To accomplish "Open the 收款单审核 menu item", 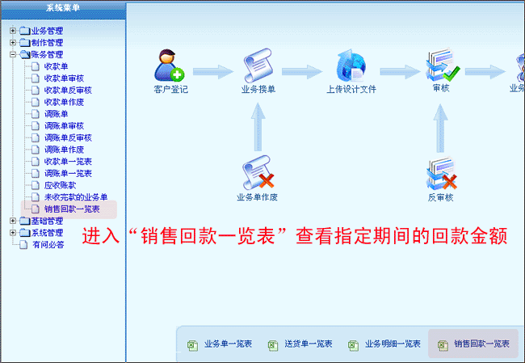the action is pyautogui.click(x=64, y=78).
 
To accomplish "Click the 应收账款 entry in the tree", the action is pyautogui.click(x=61, y=185).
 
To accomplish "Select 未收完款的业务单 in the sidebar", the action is pyautogui.click(x=76, y=197).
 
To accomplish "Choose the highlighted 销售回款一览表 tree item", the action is pyautogui.click(x=72, y=209).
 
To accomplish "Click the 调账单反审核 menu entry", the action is pyautogui.click(x=68, y=137).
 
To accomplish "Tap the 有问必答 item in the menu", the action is pyautogui.click(x=48, y=245).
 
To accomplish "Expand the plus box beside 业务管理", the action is pyautogui.click(x=13, y=31).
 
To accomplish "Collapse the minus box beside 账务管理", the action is pyautogui.click(x=13, y=55).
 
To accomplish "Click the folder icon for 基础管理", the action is pyautogui.click(x=25, y=222).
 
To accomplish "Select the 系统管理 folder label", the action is pyautogui.click(x=47, y=233).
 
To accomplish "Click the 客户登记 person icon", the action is pyautogui.click(x=169, y=65).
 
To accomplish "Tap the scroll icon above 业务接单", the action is pyautogui.click(x=258, y=65).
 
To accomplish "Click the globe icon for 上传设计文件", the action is pyautogui.click(x=351, y=65).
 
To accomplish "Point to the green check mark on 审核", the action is pyautogui.click(x=451, y=73).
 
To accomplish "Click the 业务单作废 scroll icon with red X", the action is pyautogui.click(x=258, y=173).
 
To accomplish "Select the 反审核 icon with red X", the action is pyautogui.click(x=441, y=174).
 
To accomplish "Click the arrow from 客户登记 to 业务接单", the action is pyautogui.click(x=213, y=72).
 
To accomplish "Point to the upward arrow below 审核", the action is pyautogui.click(x=441, y=128).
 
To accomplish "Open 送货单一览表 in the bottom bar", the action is pyautogui.click(x=309, y=344).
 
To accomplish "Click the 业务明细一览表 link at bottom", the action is pyautogui.click(x=393, y=344).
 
